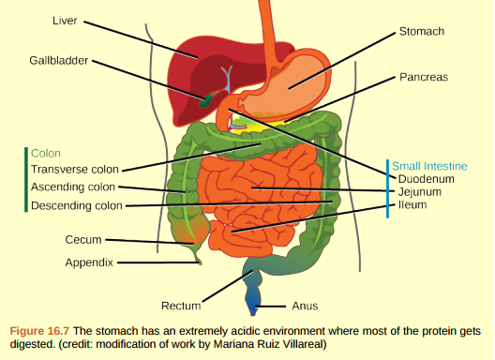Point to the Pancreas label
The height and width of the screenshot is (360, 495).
[x=423, y=76]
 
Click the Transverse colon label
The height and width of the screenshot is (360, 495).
[x=75, y=170]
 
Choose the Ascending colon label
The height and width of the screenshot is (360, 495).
[x=73, y=187]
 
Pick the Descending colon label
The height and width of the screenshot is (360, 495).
[x=76, y=205]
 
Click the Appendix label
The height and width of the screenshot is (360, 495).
[x=89, y=262]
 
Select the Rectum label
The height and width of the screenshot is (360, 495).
[x=181, y=306]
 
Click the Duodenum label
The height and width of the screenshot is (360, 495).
[x=426, y=178]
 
